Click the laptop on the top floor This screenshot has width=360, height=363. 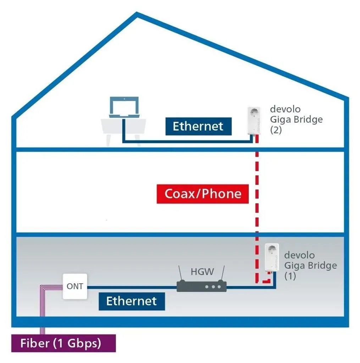click(124, 107)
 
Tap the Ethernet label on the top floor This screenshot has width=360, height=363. click(199, 126)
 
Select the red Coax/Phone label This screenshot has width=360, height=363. click(203, 194)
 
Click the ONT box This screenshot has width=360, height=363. click(75, 286)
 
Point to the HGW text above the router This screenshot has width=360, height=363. click(202, 272)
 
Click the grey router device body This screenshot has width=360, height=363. click(201, 286)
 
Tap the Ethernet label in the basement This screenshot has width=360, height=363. click(132, 301)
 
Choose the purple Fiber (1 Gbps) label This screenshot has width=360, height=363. click(63, 343)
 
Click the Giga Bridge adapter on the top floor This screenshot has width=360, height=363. click(254, 121)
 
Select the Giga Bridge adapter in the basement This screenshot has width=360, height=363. click(272, 257)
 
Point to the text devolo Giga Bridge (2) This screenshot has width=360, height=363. click(296, 119)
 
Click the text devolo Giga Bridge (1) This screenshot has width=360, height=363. click(310, 266)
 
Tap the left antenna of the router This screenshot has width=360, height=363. click(181, 273)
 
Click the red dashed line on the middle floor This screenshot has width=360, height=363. click(257, 192)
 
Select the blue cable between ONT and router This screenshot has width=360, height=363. click(132, 287)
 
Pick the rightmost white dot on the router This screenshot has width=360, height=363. click(219, 287)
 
